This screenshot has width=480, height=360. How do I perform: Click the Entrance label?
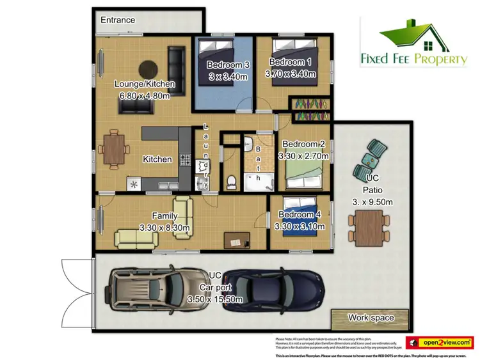point(118,20)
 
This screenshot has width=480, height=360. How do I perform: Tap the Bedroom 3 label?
point(228,65)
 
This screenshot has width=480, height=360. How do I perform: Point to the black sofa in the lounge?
point(176,63)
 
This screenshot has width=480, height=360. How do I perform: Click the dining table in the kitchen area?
point(113,150)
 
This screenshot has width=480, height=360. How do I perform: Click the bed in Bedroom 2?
point(306,173)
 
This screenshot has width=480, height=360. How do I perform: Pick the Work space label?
point(371,317)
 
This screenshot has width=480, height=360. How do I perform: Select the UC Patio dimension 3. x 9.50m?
point(373,201)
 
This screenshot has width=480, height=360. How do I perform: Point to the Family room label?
point(164,216)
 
